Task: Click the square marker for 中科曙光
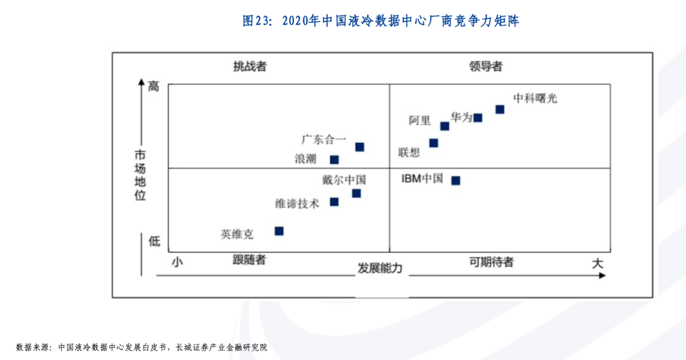[x=500, y=109]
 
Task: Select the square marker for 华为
[x=478, y=117]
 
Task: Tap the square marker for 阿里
[x=445, y=126]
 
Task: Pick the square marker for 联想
[x=434, y=143]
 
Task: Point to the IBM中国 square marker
[x=455, y=180]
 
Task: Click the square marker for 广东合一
[x=360, y=147]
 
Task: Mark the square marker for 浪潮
[x=334, y=159]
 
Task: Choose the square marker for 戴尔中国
[x=356, y=193]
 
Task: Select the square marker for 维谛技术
[x=334, y=202]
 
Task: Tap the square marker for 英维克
[x=279, y=230]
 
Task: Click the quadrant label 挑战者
[x=250, y=66]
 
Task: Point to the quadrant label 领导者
[x=486, y=66]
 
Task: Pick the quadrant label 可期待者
[x=492, y=262]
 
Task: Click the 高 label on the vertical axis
[x=154, y=86]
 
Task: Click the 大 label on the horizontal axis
[x=597, y=263]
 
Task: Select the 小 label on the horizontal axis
[x=177, y=261]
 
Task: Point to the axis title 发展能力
[x=380, y=268]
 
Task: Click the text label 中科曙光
[x=535, y=98]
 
